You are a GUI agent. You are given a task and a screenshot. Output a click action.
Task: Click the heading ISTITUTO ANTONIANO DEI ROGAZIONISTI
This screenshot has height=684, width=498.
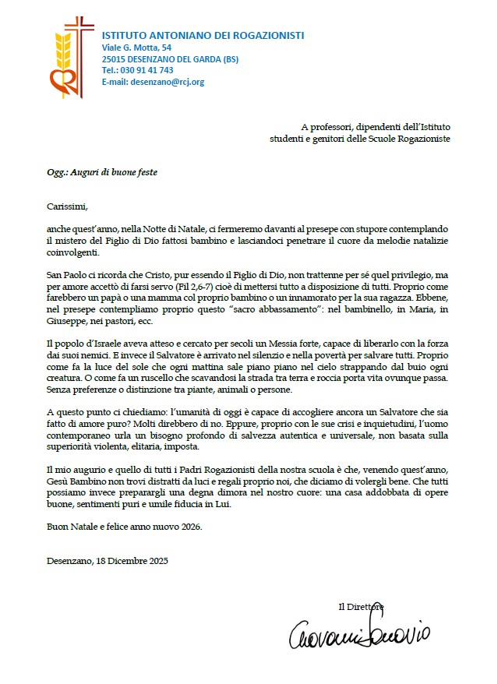pyautogui.click(x=203, y=35)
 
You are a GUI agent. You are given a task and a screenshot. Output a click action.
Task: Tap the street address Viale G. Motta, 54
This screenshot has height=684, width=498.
pyautogui.click(x=136, y=48)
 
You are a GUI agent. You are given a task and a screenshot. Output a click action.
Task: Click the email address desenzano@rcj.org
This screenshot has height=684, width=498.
pyautogui.click(x=168, y=82)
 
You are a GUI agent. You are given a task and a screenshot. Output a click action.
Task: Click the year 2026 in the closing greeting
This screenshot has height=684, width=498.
pyautogui.click(x=188, y=527)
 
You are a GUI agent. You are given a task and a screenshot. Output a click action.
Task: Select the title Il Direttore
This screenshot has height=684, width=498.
pyautogui.click(x=361, y=606)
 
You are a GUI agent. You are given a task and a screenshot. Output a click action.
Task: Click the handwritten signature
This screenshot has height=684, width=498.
pyautogui.click(x=359, y=634)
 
